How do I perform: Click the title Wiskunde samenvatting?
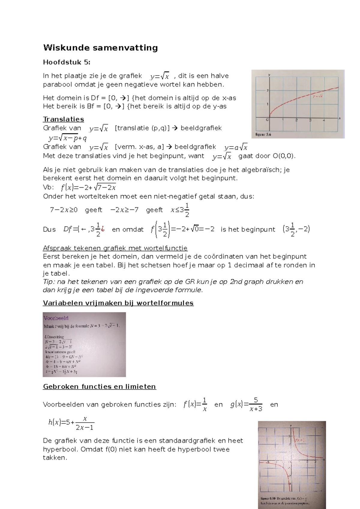coord(100,48)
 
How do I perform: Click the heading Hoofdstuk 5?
coord(66,62)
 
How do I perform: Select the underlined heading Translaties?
coord(63,119)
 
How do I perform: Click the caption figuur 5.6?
coord(263,135)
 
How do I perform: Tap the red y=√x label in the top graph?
coord(318,97)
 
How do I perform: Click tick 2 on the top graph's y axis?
coord(267,91)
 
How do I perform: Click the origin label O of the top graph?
coord(267,120)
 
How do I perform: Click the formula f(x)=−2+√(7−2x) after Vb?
coord(88,187)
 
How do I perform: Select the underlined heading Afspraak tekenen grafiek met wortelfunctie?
coord(115,248)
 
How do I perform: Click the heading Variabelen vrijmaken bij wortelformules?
coord(118,303)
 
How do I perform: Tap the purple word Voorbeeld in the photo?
coord(56,318)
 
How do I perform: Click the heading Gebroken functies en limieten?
coord(99,387)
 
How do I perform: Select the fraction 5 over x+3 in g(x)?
coord(256,404)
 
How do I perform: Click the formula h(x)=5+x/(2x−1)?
coord(71,423)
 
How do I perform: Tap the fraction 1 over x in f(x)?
coord(205,404)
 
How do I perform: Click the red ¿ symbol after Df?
coord(103,230)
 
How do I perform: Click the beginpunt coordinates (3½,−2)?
coord(296,230)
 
